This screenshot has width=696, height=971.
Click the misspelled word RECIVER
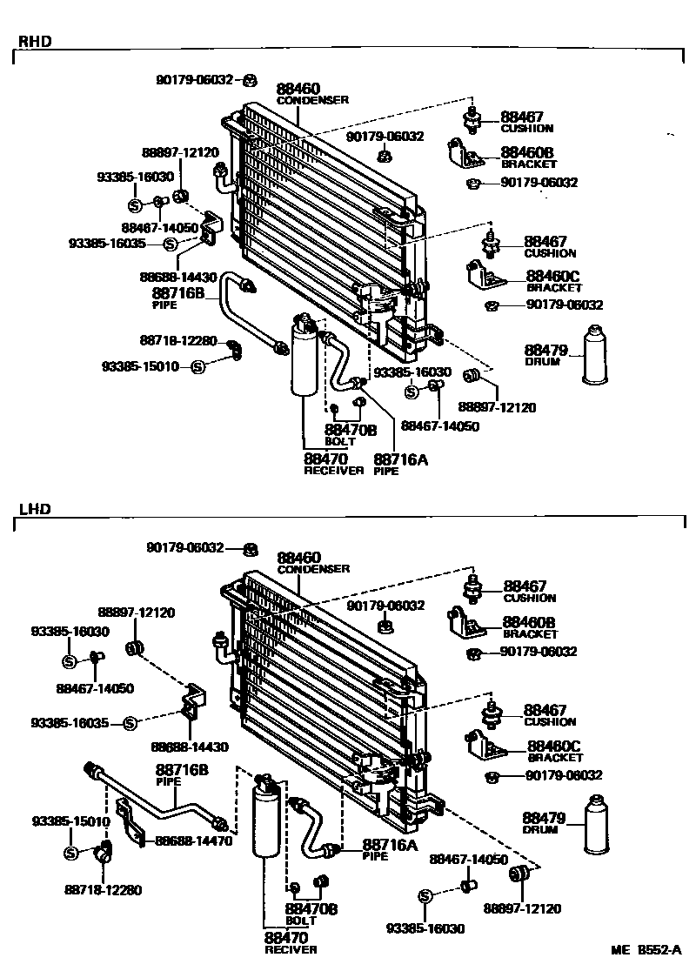(x=291, y=949)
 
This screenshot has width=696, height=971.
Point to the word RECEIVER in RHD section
(x=333, y=471)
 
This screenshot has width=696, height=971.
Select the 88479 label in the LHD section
(x=544, y=818)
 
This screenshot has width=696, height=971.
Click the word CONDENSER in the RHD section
(x=312, y=100)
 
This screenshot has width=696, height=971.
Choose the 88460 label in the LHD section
(x=299, y=557)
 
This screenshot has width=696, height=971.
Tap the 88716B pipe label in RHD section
(x=178, y=294)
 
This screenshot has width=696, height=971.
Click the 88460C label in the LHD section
(x=553, y=747)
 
